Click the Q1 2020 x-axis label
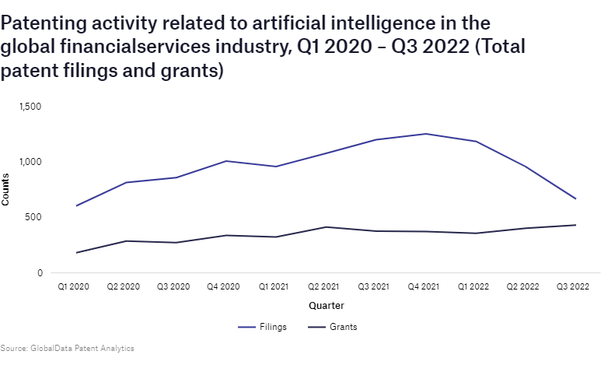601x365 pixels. pos(74,287)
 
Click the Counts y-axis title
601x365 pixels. pos(6,190)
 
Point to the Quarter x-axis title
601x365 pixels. pos(326,305)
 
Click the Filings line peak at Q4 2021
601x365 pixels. pos(425,134)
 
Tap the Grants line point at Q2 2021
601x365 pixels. pos(325,227)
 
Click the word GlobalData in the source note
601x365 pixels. pos(51,348)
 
